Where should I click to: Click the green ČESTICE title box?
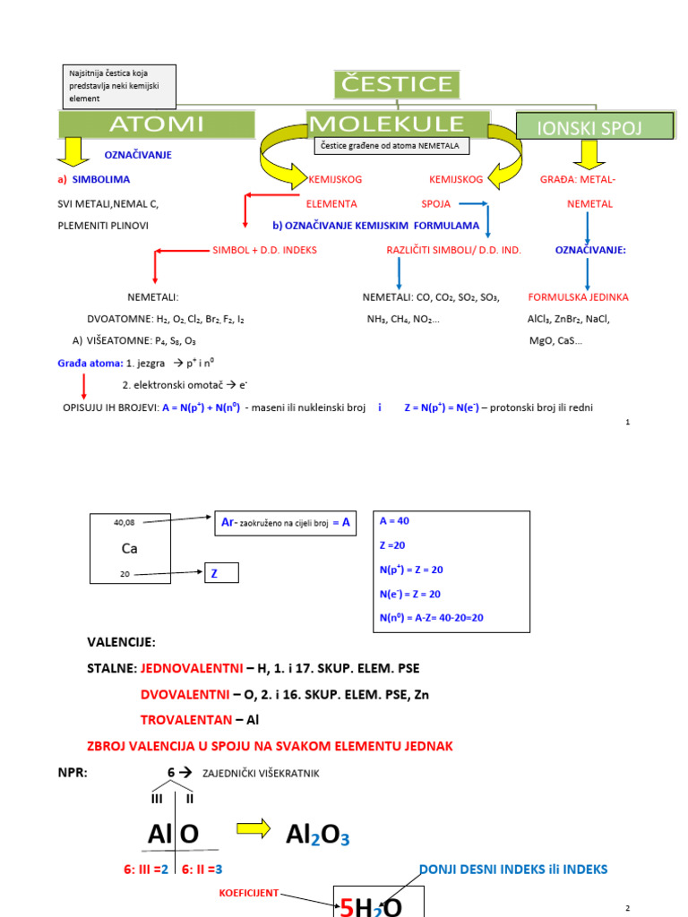coord(398,85)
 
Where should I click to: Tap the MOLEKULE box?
coord(398,124)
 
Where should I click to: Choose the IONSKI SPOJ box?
coord(595,126)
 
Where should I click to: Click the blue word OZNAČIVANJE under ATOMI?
coord(138,155)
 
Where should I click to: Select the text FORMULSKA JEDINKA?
coord(578,296)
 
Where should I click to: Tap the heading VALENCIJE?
coord(121,642)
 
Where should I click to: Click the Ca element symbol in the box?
coord(130,549)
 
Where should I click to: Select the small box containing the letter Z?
coord(221,573)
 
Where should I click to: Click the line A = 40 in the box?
coord(395,520)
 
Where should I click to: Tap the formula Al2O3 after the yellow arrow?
coord(317,835)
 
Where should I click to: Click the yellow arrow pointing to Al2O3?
coord(254,830)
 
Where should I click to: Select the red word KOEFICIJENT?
coord(249,893)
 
